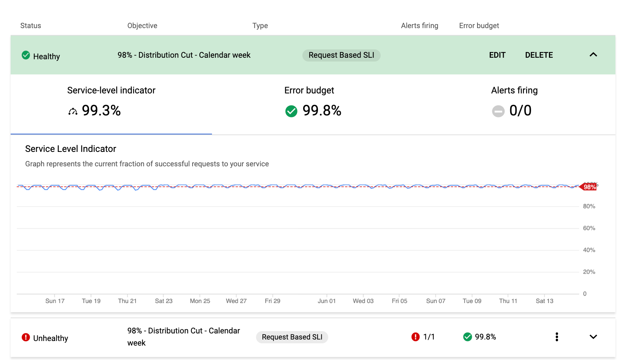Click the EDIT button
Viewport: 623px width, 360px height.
point(497,55)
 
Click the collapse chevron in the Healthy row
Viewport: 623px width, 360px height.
point(593,55)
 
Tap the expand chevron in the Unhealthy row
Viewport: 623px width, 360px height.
point(593,337)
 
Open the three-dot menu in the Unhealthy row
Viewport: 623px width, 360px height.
point(557,337)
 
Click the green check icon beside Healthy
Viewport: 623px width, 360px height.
point(26,55)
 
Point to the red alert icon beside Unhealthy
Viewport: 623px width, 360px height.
point(26,337)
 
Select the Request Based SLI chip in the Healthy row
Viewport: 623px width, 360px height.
point(341,55)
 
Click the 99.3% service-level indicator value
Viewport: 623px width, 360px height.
point(101,111)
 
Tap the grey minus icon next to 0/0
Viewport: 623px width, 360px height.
point(498,111)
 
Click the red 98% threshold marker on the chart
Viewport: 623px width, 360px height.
point(589,187)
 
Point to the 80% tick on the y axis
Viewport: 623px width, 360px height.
point(589,206)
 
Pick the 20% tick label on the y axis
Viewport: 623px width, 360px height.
point(589,272)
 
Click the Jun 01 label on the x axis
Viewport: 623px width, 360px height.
point(326,301)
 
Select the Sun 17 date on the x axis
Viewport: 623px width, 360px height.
point(55,301)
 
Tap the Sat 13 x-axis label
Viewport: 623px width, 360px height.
point(544,301)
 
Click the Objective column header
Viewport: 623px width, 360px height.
point(142,25)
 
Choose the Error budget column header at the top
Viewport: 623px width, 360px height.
point(479,25)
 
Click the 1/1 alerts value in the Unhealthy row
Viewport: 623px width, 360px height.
point(429,337)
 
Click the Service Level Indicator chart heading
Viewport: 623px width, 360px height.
point(71,149)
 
